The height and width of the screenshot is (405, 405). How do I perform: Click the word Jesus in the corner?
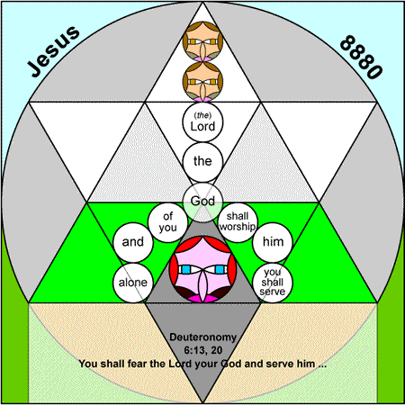tap(54, 51)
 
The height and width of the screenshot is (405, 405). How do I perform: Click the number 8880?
tap(361, 57)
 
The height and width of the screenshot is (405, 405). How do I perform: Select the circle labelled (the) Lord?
tap(202, 122)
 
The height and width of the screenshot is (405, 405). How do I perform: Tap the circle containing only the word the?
tap(202, 162)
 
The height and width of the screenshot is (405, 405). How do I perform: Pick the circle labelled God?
tap(202, 202)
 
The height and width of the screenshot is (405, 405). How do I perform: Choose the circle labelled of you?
tap(168, 222)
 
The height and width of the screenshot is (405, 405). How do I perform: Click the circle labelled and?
tap(133, 242)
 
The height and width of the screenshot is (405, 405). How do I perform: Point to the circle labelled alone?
tap(133, 283)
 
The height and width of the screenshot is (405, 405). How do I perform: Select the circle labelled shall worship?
tap(238, 222)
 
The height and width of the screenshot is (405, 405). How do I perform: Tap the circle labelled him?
tap(273, 242)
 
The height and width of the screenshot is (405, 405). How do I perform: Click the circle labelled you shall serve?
tap(273, 283)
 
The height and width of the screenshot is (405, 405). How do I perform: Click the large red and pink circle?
tap(202, 269)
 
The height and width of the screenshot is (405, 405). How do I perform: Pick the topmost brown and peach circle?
tap(202, 41)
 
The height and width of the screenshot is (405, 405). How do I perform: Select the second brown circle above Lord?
tap(202, 82)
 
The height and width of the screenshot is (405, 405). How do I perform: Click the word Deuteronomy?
tap(202, 337)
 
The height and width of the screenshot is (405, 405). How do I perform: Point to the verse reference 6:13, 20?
tap(202, 350)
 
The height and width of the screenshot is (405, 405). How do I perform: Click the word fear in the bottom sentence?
tap(137, 364)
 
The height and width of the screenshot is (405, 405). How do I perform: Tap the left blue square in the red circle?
tap(185, 269)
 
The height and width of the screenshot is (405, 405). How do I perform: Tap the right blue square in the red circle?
tap(220, 269)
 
